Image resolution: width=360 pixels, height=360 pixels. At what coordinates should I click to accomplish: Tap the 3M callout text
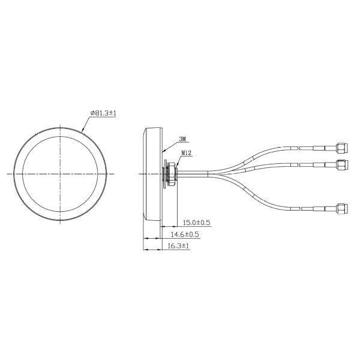coord(182,139)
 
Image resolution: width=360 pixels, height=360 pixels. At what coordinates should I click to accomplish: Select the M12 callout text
coord(186,153)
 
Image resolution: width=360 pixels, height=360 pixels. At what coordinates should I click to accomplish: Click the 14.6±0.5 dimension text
coord(184,234)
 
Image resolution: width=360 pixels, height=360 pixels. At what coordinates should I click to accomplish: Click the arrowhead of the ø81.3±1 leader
coord(82,130)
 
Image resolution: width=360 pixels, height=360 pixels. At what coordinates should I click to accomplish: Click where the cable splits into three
coord(210,173)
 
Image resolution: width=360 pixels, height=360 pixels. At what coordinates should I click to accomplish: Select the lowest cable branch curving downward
coord(252,198)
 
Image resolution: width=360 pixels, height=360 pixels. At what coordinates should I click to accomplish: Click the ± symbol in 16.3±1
coord(180,246)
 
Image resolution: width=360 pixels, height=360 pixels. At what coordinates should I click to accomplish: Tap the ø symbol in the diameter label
coord(91,112)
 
